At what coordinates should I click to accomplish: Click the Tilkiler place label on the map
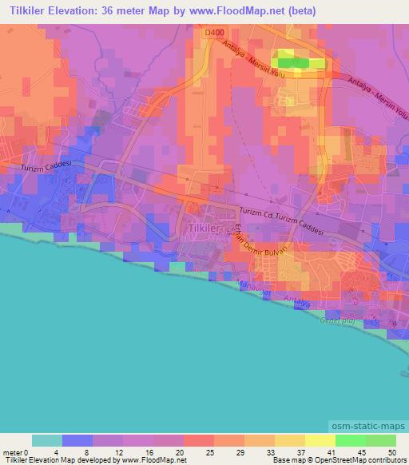(x=202, y=228)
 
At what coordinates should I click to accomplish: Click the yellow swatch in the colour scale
(x=320, y=440)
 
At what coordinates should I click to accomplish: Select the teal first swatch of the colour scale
(x=47, y=440)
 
